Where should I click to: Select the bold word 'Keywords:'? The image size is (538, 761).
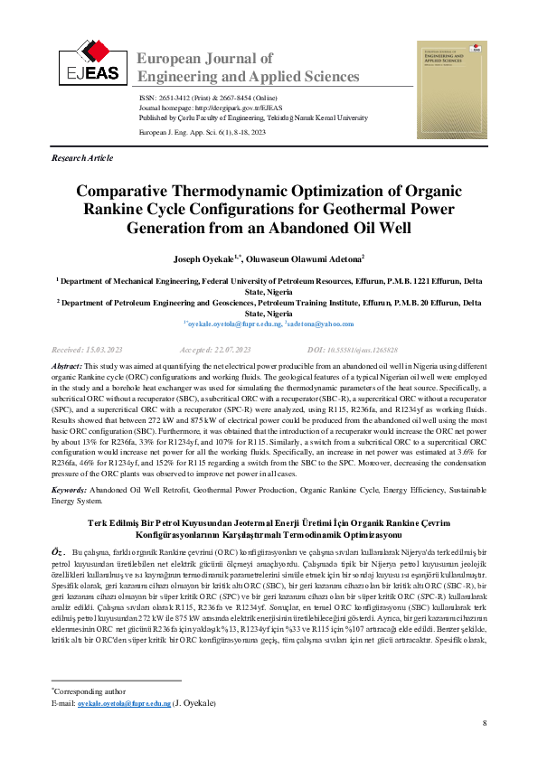pos(69,489)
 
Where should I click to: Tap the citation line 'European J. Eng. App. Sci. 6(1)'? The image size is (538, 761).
pos(202,131)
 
